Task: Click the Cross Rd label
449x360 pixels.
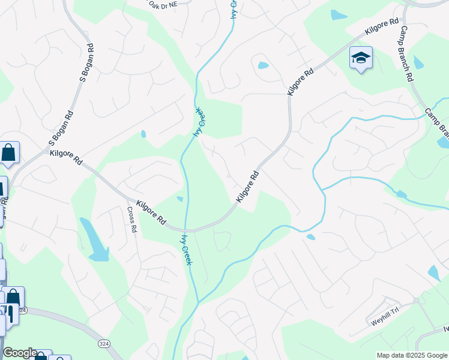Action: click(132, 220)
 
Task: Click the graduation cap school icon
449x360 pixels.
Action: click(361, 58)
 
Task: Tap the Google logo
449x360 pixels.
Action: click(19, 353)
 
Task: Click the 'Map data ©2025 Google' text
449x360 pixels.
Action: click(412, 355)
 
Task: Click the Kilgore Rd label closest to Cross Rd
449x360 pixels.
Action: click(151, 212)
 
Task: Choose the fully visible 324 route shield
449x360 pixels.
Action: click(104, 343)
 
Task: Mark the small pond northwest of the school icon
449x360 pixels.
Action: click(339, 15)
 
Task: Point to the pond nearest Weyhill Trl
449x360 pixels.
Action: click(433, 274)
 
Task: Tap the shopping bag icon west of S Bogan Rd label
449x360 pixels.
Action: click(9, 152)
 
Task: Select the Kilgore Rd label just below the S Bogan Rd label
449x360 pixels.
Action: click(66, 157)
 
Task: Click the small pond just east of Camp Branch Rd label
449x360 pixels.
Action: click(418, 62)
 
